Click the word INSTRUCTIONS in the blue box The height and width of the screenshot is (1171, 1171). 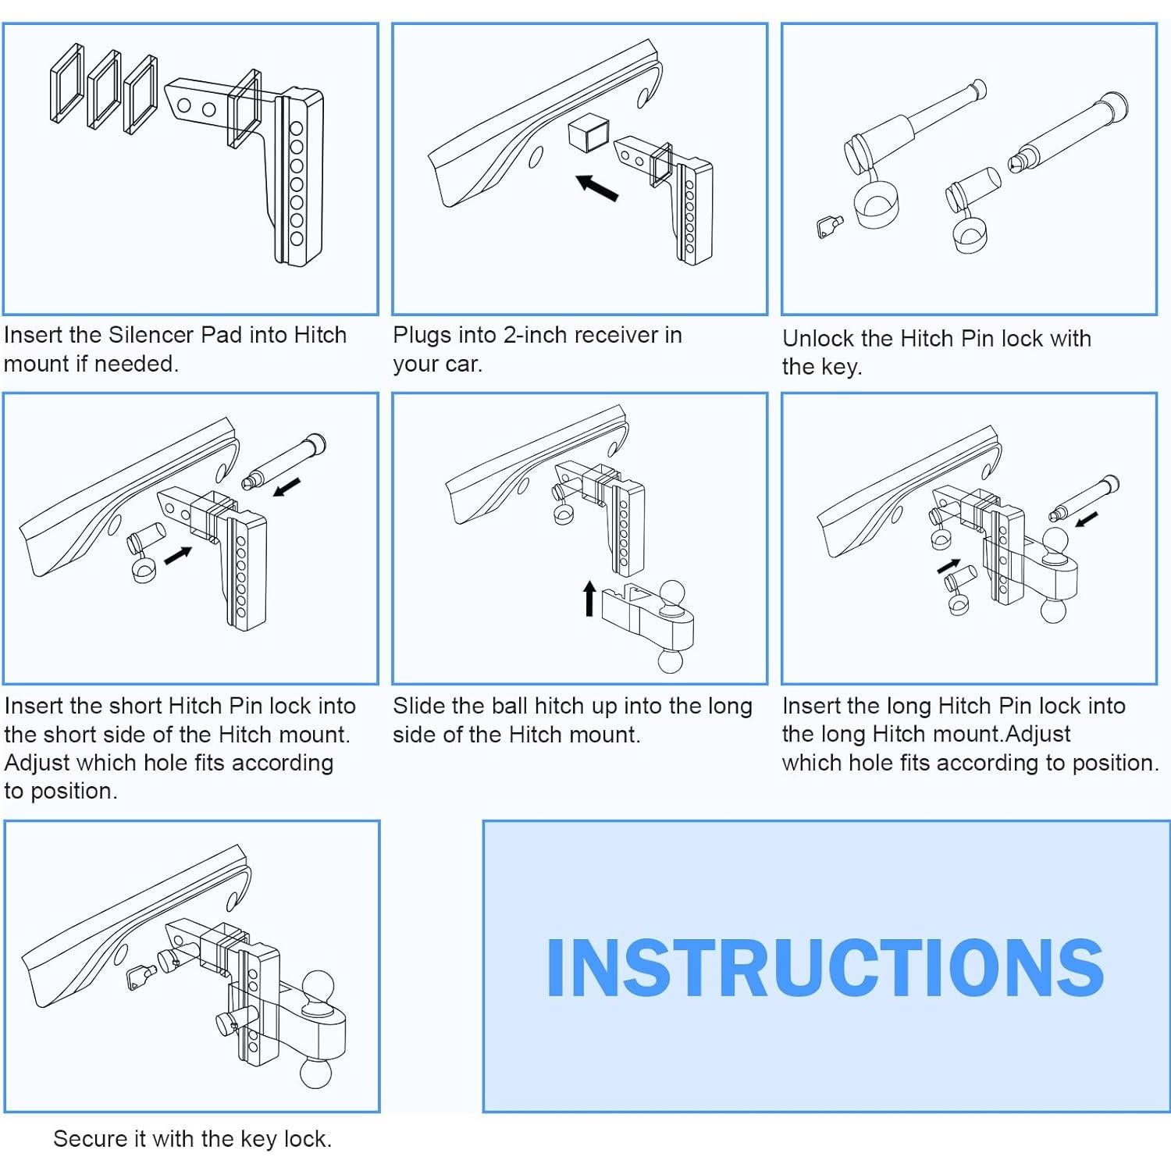[x=824, y=967]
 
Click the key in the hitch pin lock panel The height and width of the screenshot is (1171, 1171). [x=828, y=227]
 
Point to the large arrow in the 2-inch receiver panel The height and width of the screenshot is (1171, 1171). [x=597, y=187]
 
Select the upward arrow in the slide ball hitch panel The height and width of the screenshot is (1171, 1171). [x=590, y=598]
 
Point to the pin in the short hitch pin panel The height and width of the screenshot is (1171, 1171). [x=285, y=461]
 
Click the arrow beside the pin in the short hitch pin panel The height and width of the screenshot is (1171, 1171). [x=287, y=487]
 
